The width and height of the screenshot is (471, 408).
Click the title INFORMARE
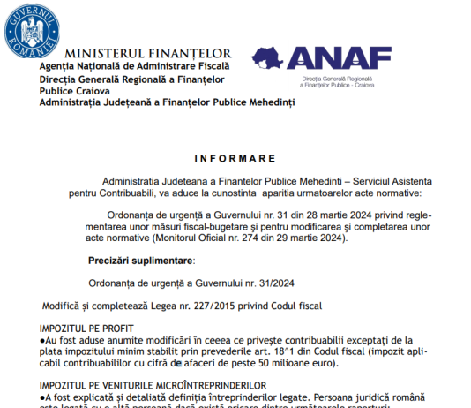click(x=235, y=158)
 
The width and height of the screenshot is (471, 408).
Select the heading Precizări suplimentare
click(x=141, y=261)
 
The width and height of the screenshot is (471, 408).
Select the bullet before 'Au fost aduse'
click(x=42, y=339)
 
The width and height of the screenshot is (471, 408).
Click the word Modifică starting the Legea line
click(x=64, y=306)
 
